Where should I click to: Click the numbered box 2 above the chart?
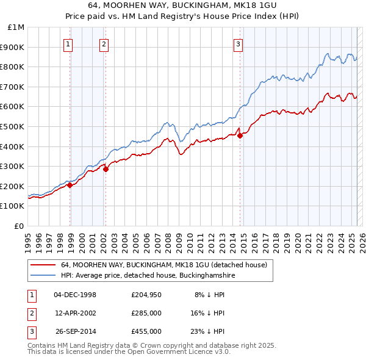(104, 43)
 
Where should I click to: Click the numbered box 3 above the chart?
(238, 43)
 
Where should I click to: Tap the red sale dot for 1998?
(70, 185)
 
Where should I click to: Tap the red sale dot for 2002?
(106, 169)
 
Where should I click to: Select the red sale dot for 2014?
(240, 135)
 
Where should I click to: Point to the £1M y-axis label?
(16, 27)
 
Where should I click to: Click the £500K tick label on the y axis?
(13, 126)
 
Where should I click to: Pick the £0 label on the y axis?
(20, 226)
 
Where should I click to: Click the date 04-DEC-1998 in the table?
(75, 295)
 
